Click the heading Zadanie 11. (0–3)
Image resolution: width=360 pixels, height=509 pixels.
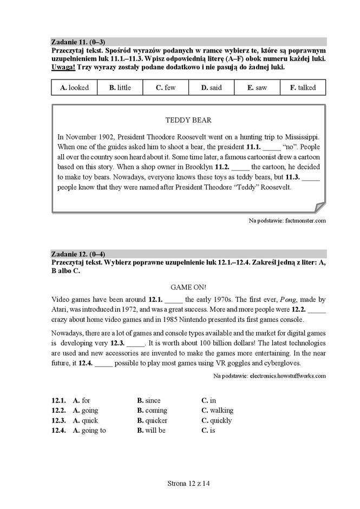pyautogui.click(x=78, y=42)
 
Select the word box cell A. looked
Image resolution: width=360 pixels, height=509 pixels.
pyautogui.click(x=74, y=88)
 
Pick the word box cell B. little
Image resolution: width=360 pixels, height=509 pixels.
pyautogui.click(x=120, y=88)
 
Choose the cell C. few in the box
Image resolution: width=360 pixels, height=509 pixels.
pyautogui.click(x=166, y=88)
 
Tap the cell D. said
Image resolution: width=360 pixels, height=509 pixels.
pyautogui.click(x=211, y=88)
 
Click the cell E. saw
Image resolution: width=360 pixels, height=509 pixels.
pyautogui.click(x=257, y=88)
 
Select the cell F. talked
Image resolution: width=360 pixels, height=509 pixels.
pyautogui.click(x=303, y=88)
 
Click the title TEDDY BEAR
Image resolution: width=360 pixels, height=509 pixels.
pyautogui.click(x=188, y=120)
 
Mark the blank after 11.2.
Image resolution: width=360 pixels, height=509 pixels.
pyautogui.click(x=240, y=167)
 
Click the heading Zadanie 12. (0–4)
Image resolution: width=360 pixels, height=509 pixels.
pyautogui.click(x=78, y=254)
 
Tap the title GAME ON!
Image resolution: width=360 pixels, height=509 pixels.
pyautogui.click(x=188, y=287)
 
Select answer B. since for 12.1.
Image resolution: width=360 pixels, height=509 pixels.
pyautogui.click(x=149, y=401)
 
